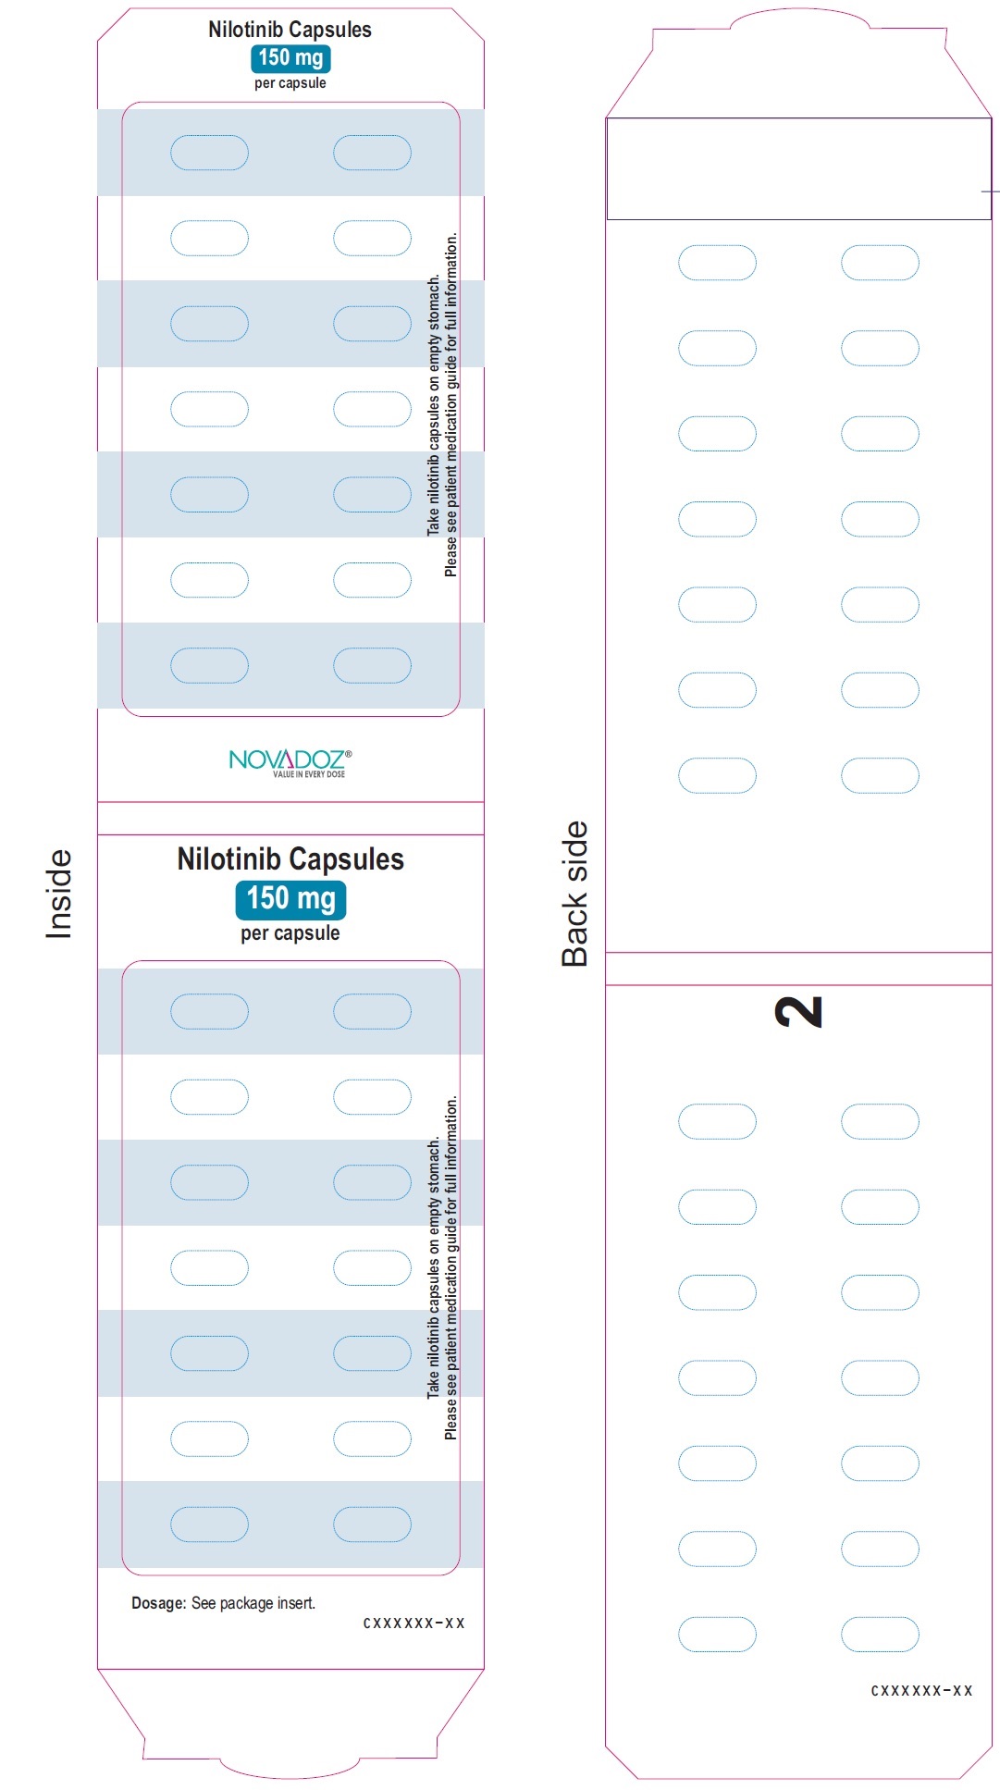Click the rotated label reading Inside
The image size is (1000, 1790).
(x=58, y=894)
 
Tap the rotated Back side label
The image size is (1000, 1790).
(x=574, y=894)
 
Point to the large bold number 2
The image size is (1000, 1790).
(x=798, y=1011)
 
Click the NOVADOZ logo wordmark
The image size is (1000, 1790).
(x=286, y=759)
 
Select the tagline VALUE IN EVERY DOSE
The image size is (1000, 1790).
(x=308, y=774)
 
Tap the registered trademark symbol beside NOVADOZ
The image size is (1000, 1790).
(x=348, y=754)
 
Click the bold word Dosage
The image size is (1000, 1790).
(x=159, y=1603)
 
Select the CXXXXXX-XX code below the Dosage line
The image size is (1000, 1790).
(x=414, y=1623)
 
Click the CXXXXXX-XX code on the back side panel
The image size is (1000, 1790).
(x=921, y=1690)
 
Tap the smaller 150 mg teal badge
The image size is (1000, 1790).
(x=290, y=57)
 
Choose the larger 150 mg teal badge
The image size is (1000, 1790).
(x=290, y=898)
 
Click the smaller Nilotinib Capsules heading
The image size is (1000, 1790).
(x=290, y=30)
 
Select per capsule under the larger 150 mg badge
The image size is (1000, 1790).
(x=290, y=933)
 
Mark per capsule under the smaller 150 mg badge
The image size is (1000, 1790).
(x=290, y=83)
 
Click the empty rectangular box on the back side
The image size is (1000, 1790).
(x=798, y=168)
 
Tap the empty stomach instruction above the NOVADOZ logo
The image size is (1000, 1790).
(x=433, y=404)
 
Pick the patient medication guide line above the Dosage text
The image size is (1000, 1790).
(x=451, y=1267)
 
